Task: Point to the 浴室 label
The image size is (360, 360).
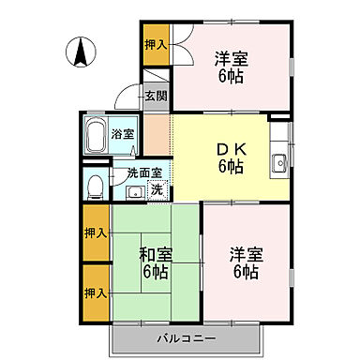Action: (123, 134)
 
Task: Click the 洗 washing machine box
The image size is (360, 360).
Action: (157, 190)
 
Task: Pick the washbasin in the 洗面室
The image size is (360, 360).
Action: (135, 192)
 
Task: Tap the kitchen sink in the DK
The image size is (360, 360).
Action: (278, 164)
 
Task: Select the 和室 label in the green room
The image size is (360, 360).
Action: (156, 253)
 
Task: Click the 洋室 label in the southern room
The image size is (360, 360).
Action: (246, 253)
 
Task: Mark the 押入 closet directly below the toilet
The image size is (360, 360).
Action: (95, 231)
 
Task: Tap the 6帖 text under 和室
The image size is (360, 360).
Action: (156, 272)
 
